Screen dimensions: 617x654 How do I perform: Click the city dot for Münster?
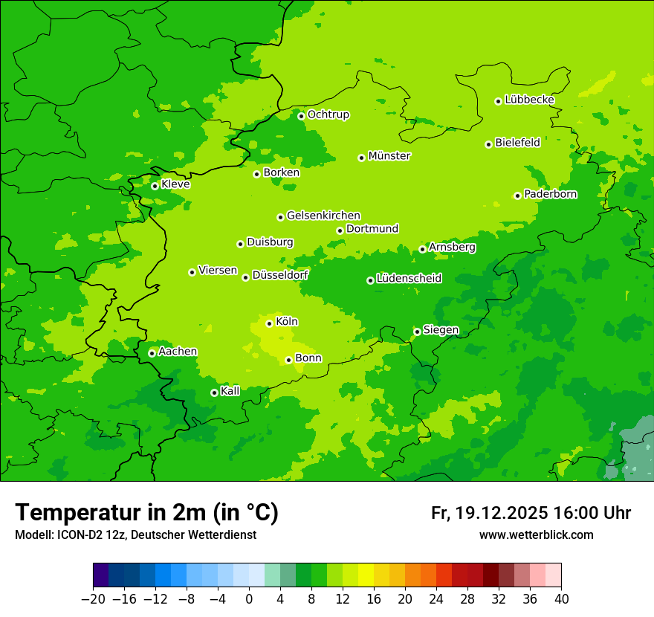362,158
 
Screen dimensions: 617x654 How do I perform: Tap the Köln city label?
286,322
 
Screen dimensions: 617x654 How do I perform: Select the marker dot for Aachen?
152,353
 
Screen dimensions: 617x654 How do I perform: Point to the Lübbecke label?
529,100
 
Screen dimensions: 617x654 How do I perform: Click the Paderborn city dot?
517,196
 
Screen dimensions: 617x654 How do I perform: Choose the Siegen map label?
441,330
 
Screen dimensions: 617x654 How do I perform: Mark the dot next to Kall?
214,393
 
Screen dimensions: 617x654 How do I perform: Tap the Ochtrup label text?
328,114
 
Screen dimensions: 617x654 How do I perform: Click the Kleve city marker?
155,186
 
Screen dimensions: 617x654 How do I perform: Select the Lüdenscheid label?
409,279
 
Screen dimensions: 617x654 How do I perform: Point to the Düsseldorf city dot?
245,277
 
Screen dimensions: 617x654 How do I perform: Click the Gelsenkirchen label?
323,216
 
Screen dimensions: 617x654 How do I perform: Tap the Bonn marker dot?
288,360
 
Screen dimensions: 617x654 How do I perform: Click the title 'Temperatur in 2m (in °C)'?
146,512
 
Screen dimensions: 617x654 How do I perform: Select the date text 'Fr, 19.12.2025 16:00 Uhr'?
531,513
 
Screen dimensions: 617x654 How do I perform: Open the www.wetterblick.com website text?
536,534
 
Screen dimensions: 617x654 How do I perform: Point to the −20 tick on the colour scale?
94,599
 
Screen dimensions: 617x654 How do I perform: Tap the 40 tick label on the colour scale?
561,599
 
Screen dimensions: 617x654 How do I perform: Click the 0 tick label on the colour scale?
249,599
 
